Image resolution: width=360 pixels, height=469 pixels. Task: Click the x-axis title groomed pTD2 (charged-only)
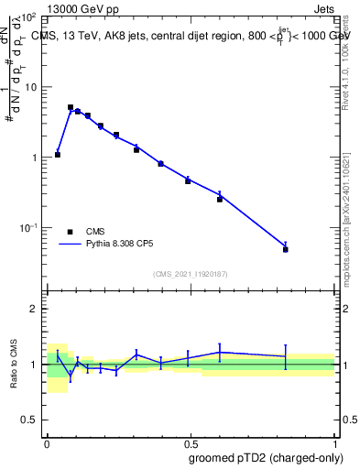(x=265, y=457)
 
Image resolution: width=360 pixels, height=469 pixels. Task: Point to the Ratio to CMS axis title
(x=16, y=364)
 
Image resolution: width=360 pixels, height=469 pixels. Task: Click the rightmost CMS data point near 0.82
(x=286, y=249)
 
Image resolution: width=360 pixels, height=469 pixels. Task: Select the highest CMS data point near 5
(x=71, y=107)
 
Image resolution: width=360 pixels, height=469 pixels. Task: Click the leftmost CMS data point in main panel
(x=58, y=155)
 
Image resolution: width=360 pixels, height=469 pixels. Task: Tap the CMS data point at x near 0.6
(x=220, y=199)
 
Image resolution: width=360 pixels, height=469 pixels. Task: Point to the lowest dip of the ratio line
(x=71, y=375)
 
